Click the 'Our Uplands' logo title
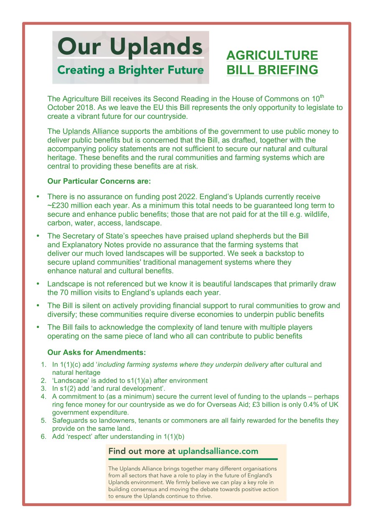pyautogui.click(x=130, y=46)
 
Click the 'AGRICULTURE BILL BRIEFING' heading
pyautogui.click(x=272, y=62)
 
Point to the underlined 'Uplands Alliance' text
pyautogui.click(x=91, y=131)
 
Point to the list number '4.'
pyautogui.click(x=43, y=396)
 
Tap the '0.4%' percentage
pyautogui.click(x=307, y=405)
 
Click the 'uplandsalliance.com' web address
pyautogui.click(x=218, y=451)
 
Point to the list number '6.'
pyautogui.click(x=43, y=437)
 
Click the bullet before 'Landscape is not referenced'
pyautogui.click(x=38, y=284)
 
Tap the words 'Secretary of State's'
pyautogui.click(x=91, y=236)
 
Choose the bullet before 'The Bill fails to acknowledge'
pyautogui.click(x=38, y=327)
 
